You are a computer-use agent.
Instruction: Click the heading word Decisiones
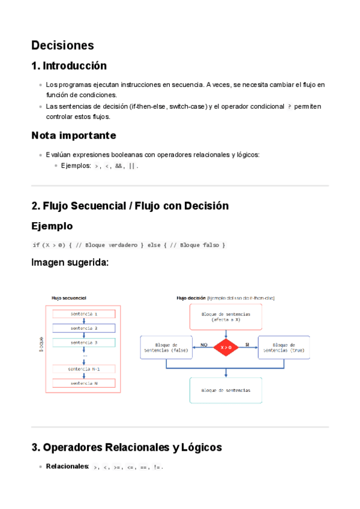(x=62, y=45)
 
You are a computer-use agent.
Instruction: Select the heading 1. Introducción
(x=69, y=65)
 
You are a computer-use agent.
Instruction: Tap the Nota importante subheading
(x=74, y=135)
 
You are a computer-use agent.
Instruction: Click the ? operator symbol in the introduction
(x=289, y=106)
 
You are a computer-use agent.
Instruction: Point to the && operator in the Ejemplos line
(x=118, y=165)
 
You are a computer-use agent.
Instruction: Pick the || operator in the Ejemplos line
(x=132, y=165)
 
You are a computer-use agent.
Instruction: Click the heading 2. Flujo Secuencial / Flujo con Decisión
(x=130, y=206)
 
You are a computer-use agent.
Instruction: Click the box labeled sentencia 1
(x=84, y=314)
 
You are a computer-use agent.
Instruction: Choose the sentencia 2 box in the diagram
(x=84, y=328)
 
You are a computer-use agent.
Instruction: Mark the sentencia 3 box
(x=84, y=342)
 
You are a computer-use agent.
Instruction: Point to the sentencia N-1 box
(x=84, y=369)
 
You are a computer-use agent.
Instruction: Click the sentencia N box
(x=84, y=383)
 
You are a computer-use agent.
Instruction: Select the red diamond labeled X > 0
(x=226, y=347)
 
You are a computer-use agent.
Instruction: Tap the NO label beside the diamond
(x=203, y=345)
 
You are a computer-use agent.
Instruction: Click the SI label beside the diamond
(x=247, y=345)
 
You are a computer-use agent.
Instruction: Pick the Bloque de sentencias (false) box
(x=166, y=347)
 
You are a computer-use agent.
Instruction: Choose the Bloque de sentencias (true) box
(x=284, y=347)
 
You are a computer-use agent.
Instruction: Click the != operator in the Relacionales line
(x=157, y=466)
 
